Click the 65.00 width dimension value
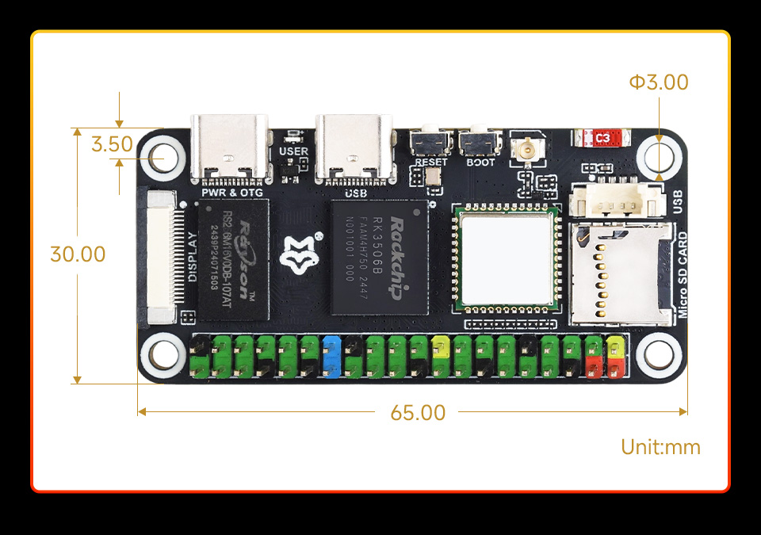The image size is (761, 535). (x=418, y=413)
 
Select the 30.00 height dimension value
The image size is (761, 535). (x=78, y=254)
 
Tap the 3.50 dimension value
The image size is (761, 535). (x=112, y=144)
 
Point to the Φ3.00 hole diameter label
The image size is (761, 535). (x=659, y=82)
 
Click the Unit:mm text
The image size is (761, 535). (x=660, y=447)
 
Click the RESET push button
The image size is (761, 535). (x=431, y=143)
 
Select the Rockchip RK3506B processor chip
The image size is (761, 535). (x=379, y=258)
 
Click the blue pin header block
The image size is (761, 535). (x=332, y=357)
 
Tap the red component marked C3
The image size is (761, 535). (x=603, y=138)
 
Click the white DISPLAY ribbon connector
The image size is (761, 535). (x=163, y=258)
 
